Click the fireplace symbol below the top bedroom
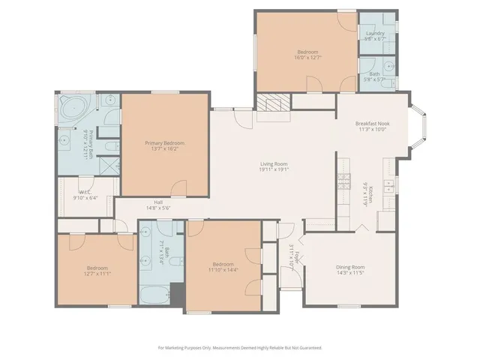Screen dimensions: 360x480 click(271, 103)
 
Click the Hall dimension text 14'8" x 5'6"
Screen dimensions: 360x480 click(158, 208)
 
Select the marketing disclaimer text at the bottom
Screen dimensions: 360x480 click(240, 348)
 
